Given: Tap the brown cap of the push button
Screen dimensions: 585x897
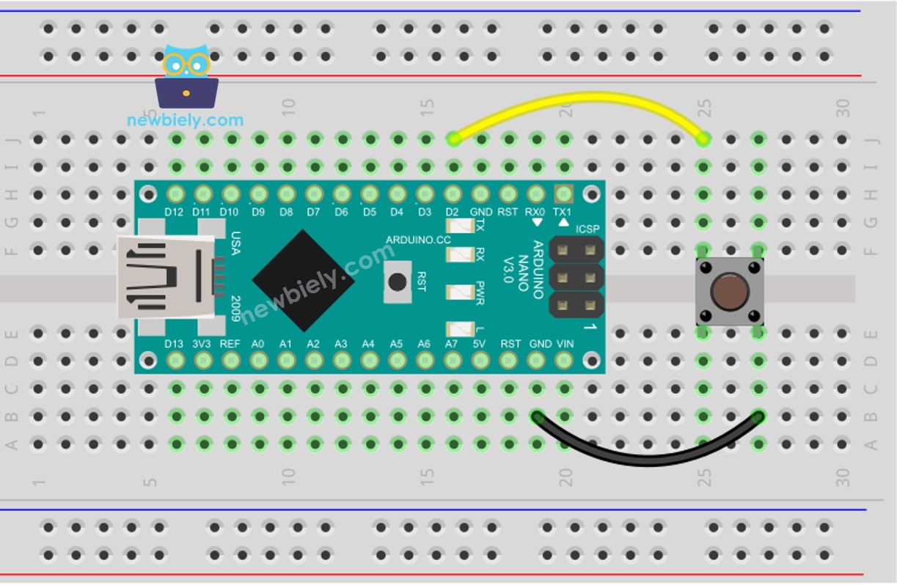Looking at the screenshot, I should (x=730, y=291).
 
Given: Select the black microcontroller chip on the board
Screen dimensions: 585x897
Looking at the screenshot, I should (x=303, y=281).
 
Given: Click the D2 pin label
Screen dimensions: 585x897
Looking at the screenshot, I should (x=453, y=213).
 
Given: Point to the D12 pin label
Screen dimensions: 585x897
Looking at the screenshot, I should (x=174, y=213).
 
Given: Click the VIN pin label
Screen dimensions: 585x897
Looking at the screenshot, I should (x=565, y=344).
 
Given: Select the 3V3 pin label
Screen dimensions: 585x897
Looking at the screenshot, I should (x=203, y=344).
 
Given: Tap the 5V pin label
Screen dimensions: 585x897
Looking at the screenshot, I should (x=480, y=344).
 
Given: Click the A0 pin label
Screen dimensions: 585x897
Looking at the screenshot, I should (x=258, y=344).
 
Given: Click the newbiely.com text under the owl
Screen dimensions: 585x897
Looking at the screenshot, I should (x=185, y=120).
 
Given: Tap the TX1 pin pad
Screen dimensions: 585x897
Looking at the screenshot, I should (x=563, y=194).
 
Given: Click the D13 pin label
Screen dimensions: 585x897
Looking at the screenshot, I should (x=174, y=344).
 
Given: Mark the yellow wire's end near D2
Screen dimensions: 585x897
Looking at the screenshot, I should (x=454, y=138).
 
